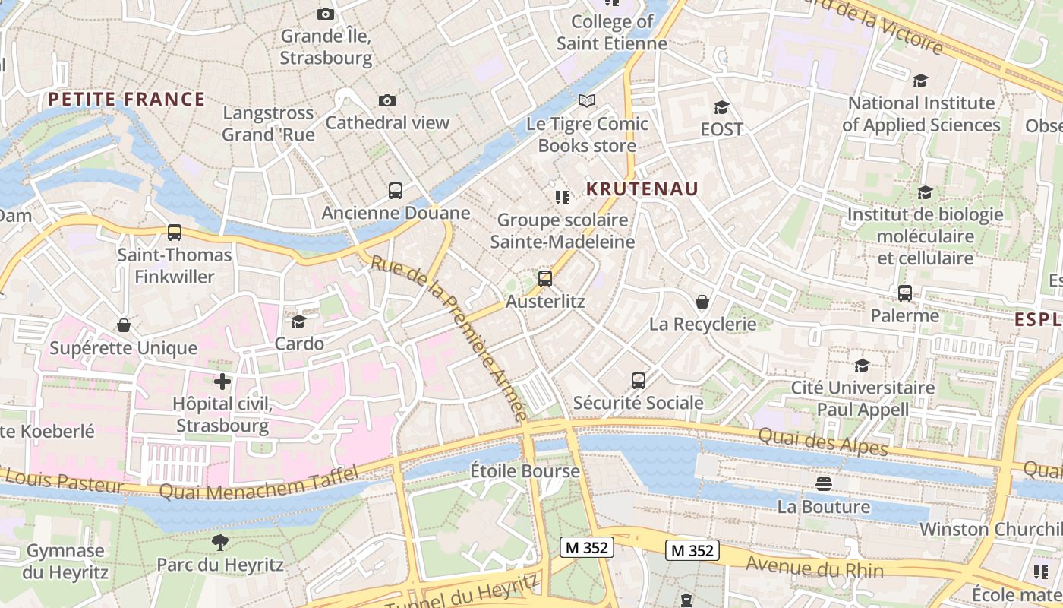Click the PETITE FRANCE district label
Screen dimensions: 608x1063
pos(126,99)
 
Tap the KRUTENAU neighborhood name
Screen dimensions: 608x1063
pos(642,189)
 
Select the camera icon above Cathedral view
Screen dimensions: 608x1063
pos(387,101)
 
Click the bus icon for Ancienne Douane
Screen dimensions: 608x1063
pos(396,191)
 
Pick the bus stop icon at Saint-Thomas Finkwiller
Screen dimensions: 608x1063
pos(175,233)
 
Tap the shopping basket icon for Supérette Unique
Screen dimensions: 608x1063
pos(124,326)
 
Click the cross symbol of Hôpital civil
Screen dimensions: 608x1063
pos(222,381)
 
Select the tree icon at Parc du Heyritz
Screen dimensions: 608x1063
pos(220,542)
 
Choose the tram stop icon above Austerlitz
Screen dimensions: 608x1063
pos(545,279)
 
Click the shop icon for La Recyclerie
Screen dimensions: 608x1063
pos(702,302)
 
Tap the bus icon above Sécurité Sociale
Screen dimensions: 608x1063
pos(639,380)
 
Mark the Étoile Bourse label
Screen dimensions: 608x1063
pos(525,471)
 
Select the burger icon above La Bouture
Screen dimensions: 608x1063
pos(824,483)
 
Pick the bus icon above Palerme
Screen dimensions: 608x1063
pos(904,293)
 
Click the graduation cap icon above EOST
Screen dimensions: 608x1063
pos(721,107)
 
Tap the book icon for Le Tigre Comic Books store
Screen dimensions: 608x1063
pos(587,100)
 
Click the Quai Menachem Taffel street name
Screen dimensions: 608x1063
pos(258,483)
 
